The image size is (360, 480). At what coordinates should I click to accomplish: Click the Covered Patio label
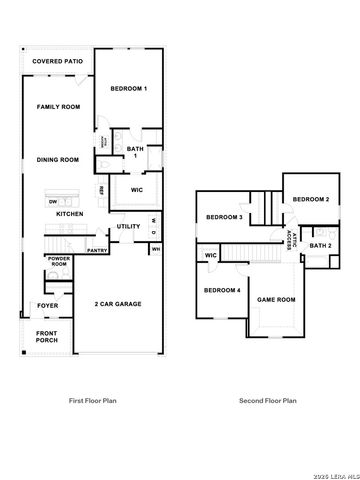(57, 62)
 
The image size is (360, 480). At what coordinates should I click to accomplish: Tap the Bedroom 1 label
(129, 90)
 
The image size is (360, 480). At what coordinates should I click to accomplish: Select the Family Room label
(58, 106)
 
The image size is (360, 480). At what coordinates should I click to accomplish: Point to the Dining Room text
(58, 160)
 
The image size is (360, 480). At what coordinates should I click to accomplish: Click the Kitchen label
(69, 214)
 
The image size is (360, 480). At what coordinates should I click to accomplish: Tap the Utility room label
(128, 227)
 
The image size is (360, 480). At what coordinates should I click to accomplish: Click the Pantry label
(98, 251)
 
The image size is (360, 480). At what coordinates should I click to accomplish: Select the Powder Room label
(57, 262)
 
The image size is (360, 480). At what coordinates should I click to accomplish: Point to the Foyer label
(47, 305)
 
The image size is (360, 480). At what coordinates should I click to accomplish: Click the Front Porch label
(47, 338)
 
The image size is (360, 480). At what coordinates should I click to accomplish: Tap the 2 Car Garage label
(117, 303)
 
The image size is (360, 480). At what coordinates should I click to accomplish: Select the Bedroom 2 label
(311, 200)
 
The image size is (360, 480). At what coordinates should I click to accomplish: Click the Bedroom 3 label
(225, 218)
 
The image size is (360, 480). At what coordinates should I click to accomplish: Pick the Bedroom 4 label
(222, 290)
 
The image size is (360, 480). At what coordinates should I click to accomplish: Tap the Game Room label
(277, 299)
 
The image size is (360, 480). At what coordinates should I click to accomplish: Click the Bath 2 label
(321, 246)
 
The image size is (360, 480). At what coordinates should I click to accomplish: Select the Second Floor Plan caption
(267, 400)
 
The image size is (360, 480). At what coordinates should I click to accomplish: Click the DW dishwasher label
(52, 202)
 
